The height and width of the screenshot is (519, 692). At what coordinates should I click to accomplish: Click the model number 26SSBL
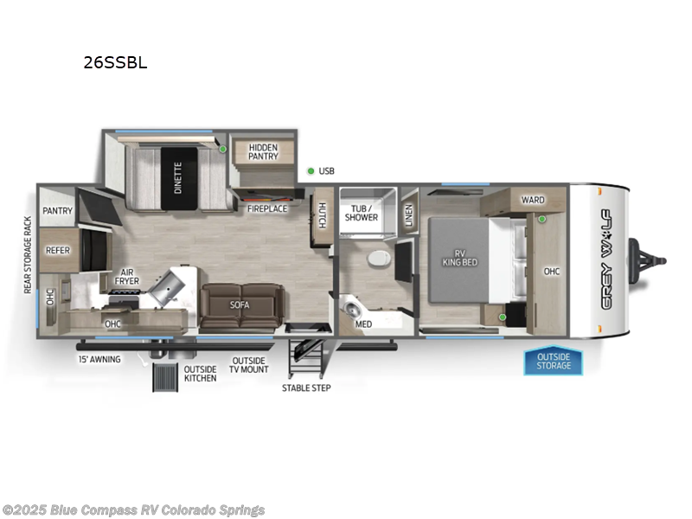click(x=115, y=62)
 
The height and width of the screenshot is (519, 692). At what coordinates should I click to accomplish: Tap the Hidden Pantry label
click(x=263, y=151)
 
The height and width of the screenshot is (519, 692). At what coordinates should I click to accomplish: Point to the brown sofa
click(x=240, y=305)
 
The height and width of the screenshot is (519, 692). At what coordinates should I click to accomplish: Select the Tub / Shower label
click(x=362, y=213)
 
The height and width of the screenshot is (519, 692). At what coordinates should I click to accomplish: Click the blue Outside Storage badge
click(x=553, y=361)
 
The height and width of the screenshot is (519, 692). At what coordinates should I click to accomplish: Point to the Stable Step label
click(x=306, y=388)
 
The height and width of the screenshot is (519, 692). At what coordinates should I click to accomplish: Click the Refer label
click(x=58, y=251)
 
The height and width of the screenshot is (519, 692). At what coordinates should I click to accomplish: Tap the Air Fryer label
click(x=127, y=277)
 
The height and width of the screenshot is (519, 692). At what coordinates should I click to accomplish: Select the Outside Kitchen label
click(x=200, y=374)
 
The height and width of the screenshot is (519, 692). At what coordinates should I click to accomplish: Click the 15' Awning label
click(x=99, y=359)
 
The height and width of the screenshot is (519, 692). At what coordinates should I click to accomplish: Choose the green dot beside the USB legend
click(x=311, y=170)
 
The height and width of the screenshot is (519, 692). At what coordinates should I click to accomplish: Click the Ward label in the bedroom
click(x=532, y=201)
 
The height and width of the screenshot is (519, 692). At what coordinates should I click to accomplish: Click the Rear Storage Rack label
click(x=28, y=254)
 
